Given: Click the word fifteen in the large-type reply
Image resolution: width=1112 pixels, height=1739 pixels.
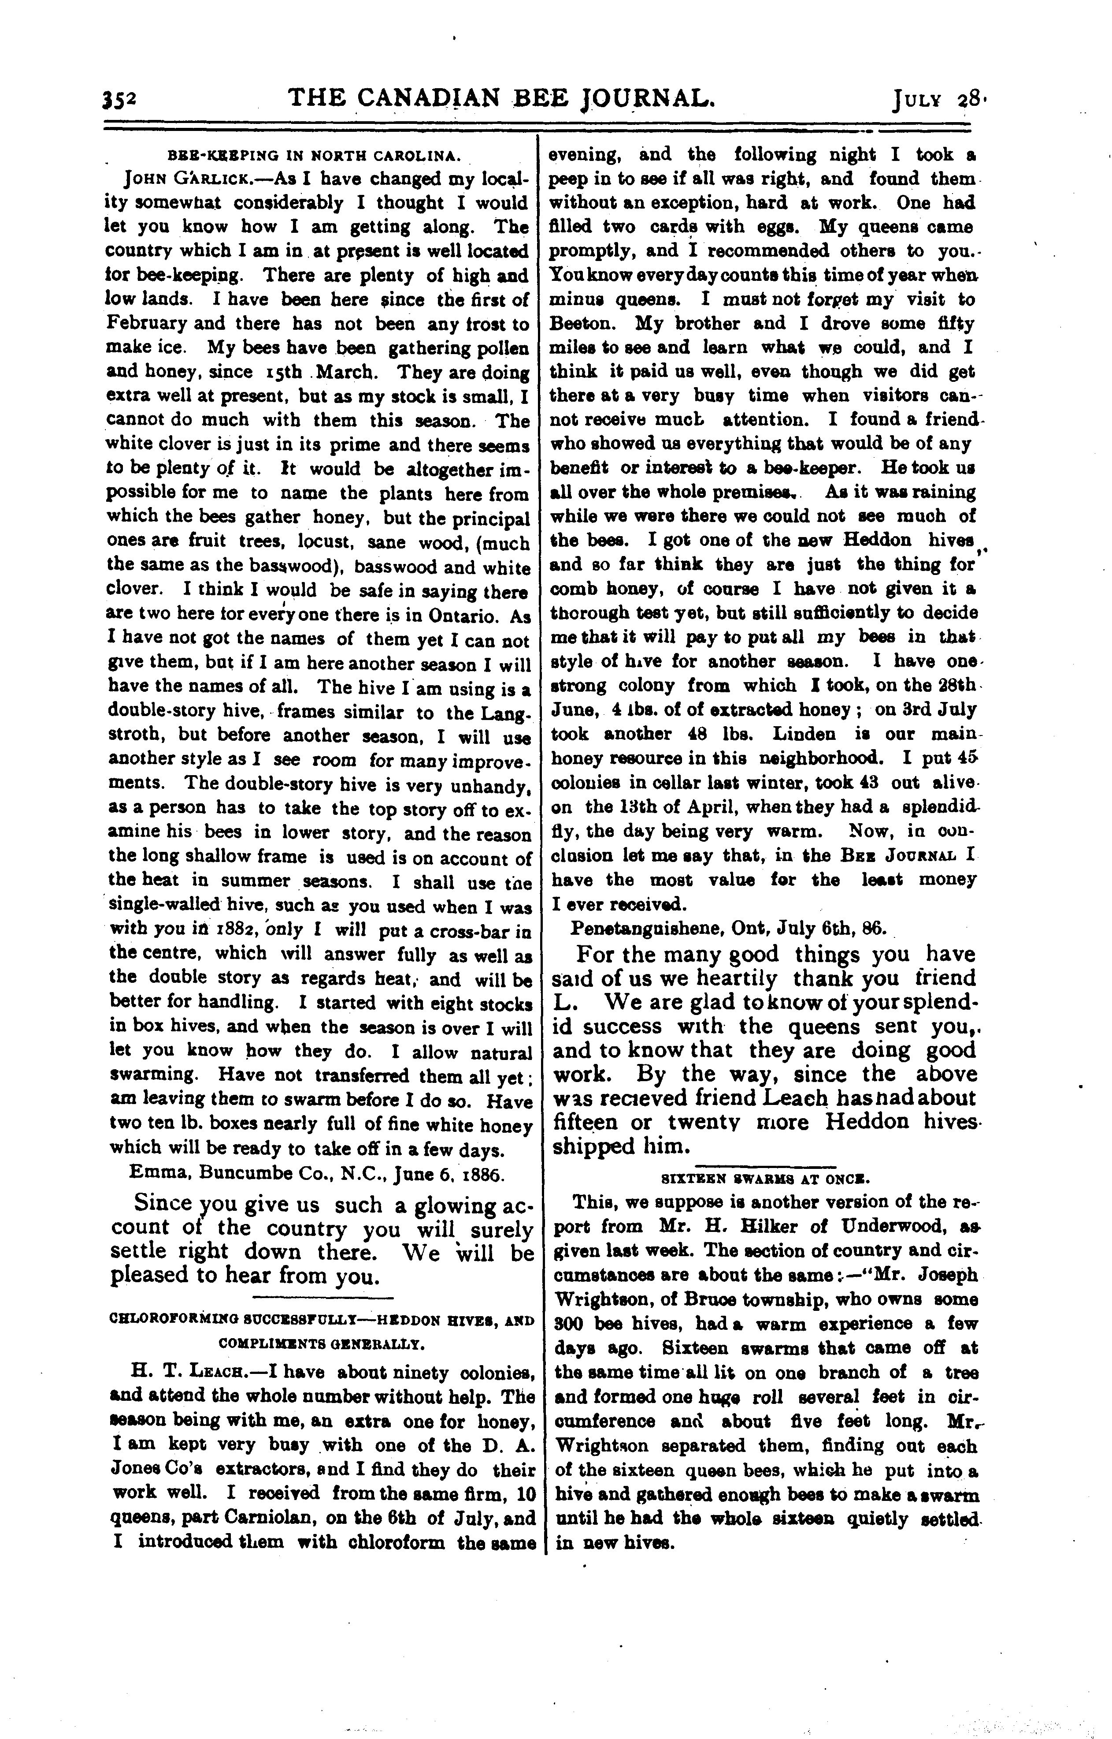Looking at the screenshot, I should point(586,1122).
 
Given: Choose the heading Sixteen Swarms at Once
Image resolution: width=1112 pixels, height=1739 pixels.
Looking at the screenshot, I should point(765,1178).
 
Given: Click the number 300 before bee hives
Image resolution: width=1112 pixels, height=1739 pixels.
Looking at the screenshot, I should point(571,1324).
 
